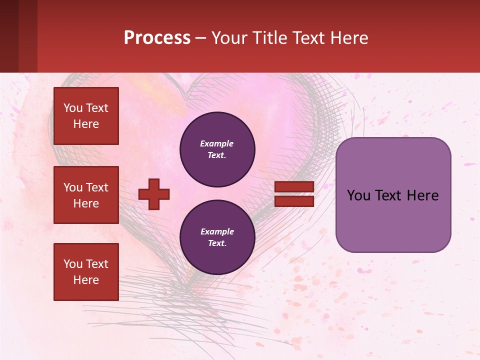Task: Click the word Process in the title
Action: click(157, 38)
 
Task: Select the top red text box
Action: click(86, 116)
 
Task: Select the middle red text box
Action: click(86, 195)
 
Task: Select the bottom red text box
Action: click(86, 272)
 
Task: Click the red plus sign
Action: click(154, 194)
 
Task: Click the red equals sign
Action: click(294, 194)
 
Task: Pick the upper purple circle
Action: click(217, 149)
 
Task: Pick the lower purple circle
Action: click(217, 237)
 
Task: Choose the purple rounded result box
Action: click(393, 195)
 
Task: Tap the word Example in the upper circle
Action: click(217, 143)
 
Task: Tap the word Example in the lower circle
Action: click(217, 231)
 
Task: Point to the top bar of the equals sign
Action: click(294, 186)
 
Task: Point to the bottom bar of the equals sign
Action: click(294, 201)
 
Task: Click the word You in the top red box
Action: click(73, 108)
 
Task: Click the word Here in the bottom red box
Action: click(86, 280)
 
